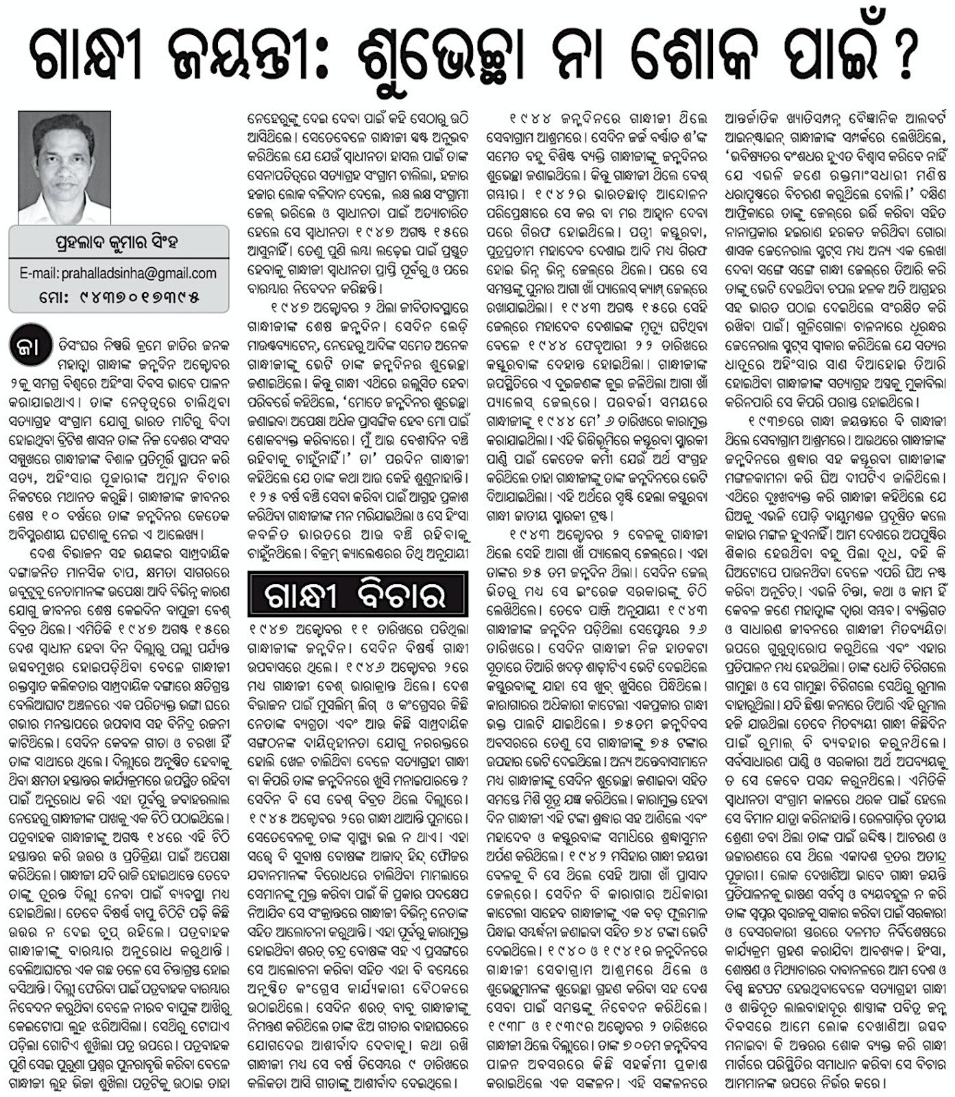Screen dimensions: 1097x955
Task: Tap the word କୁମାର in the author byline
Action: (133, 242)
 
